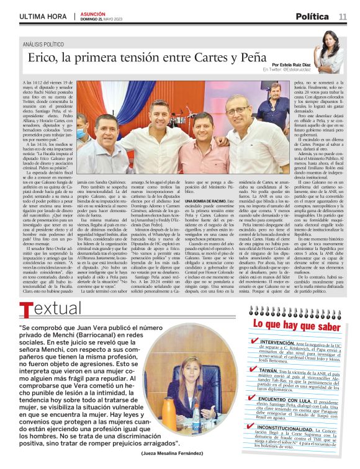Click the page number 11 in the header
(x=343, y=16)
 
